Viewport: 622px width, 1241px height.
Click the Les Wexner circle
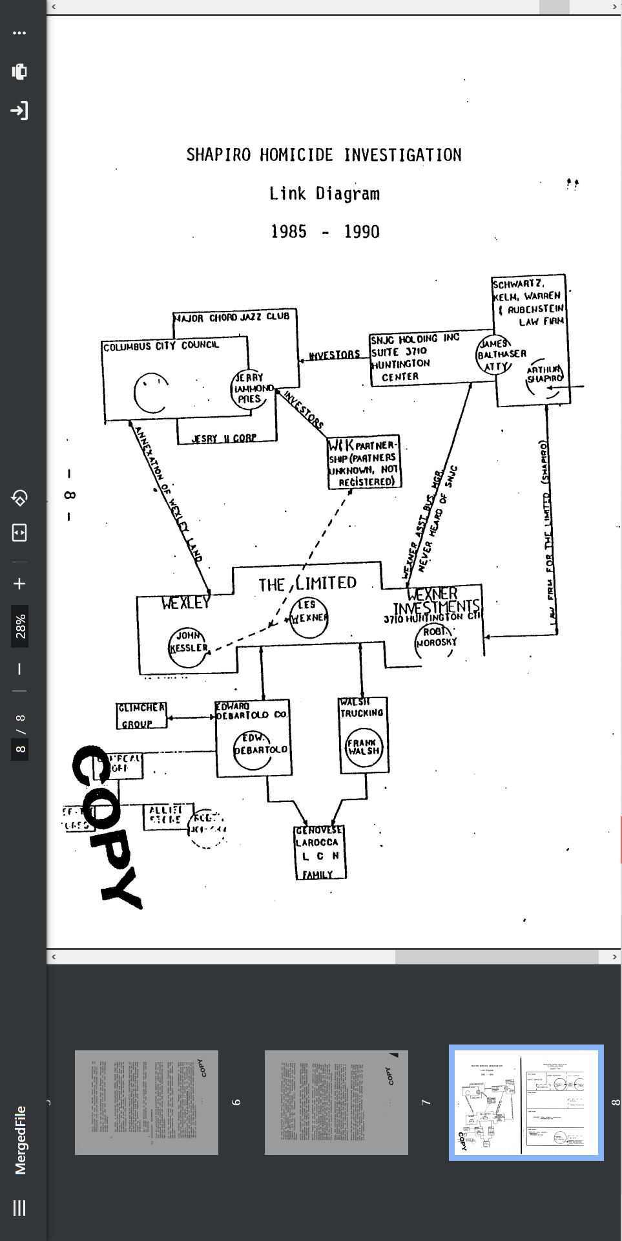pos(309,616)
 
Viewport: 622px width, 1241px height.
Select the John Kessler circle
pos(188,647)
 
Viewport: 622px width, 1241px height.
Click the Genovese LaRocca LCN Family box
pos(320,852)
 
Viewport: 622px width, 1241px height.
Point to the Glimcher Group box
pos(141,716)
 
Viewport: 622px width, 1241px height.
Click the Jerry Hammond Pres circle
pos(251,389)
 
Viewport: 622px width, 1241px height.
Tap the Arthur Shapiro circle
pos(545,377)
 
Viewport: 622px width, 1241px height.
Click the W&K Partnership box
pos(364,462)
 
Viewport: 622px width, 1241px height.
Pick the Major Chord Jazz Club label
pos(234,317)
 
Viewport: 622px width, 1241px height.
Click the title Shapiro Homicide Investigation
pos(324,155)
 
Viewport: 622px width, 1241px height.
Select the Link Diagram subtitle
pos(324,194)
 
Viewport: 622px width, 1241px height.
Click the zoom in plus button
pos(19,584)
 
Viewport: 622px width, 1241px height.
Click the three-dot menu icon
pos(19,33)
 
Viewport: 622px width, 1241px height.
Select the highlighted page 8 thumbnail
pos(526,1103)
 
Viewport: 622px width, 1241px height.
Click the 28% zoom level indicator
pos(20,626)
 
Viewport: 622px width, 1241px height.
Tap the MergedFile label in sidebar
pos(20,1140)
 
